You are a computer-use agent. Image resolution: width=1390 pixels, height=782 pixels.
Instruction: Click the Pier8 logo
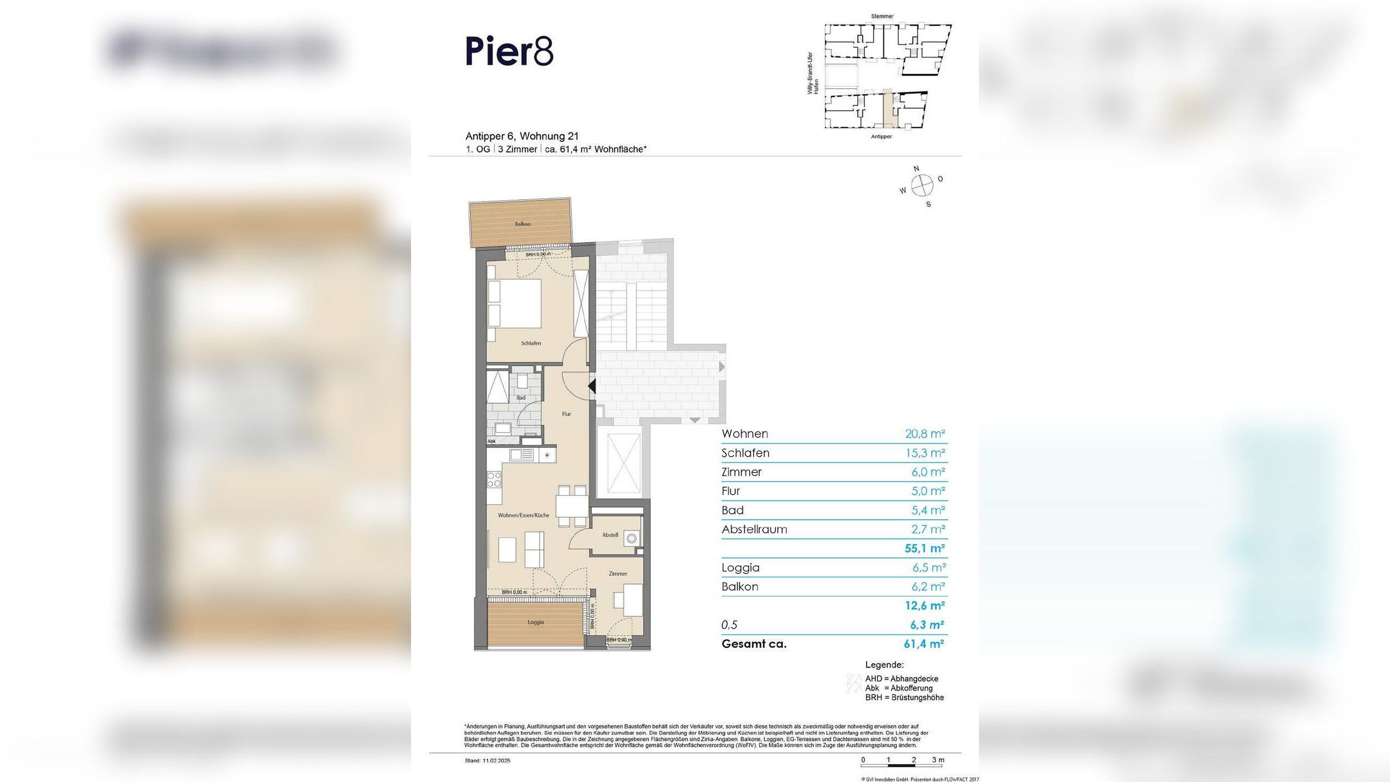509,51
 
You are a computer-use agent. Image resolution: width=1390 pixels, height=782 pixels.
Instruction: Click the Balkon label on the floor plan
522,224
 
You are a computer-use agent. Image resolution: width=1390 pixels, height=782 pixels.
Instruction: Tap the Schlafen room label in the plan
530,343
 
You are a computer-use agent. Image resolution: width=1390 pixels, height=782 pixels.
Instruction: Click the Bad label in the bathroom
521,398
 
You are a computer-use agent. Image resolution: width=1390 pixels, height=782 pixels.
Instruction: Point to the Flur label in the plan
566,414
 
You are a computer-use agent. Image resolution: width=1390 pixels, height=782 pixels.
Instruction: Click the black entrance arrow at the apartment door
592,386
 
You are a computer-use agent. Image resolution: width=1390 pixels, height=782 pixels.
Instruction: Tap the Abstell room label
610,535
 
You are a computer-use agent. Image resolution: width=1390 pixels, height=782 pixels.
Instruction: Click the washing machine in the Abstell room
631,539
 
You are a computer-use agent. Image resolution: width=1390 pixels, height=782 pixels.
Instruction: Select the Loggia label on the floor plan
535,622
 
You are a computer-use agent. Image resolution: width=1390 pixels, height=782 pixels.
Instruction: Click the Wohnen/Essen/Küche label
523,515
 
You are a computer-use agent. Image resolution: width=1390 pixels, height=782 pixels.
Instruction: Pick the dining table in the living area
572,506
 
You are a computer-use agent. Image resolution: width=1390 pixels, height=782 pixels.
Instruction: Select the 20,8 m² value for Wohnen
925,433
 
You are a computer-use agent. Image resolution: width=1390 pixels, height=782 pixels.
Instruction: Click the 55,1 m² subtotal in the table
925,548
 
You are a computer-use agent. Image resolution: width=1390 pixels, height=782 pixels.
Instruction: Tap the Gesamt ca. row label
754,644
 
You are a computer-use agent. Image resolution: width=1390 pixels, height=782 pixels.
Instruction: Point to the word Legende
884,665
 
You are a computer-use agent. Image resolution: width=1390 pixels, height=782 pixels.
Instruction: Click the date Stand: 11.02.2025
488,761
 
